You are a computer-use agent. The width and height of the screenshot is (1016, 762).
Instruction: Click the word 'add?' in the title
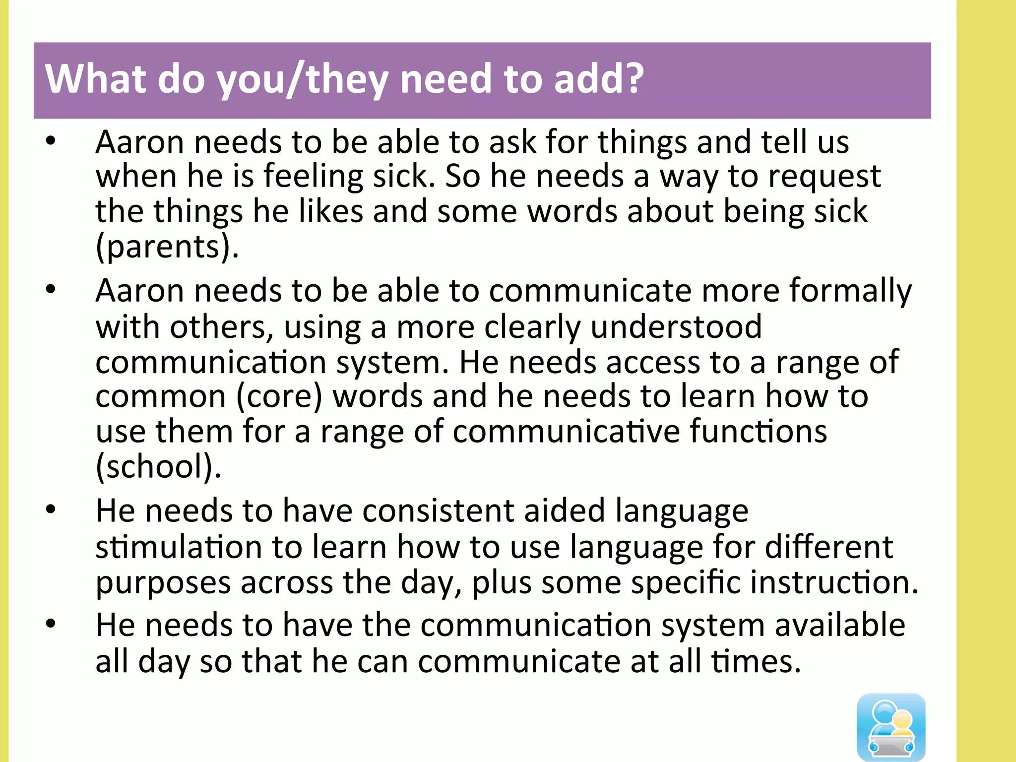point(598,79)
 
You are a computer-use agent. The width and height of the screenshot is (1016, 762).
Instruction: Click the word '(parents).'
point(167,246)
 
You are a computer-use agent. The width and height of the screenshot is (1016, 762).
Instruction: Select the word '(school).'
point(158,466)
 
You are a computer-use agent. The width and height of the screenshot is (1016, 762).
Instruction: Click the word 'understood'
point(676,327)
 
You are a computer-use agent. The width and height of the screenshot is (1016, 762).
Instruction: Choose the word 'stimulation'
point(179,547)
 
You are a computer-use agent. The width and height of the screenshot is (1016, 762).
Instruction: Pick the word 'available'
point(840,625)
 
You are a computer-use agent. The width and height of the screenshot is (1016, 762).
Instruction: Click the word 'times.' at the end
point(756,661)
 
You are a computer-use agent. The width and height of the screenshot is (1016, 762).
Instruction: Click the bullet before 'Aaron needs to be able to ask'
point(51,142)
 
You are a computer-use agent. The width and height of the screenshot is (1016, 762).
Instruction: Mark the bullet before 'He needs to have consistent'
point(51,510)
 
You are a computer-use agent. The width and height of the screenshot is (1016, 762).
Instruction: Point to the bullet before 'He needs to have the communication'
point(51,624)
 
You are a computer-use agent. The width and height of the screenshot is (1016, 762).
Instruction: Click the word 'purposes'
point(163,583)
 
